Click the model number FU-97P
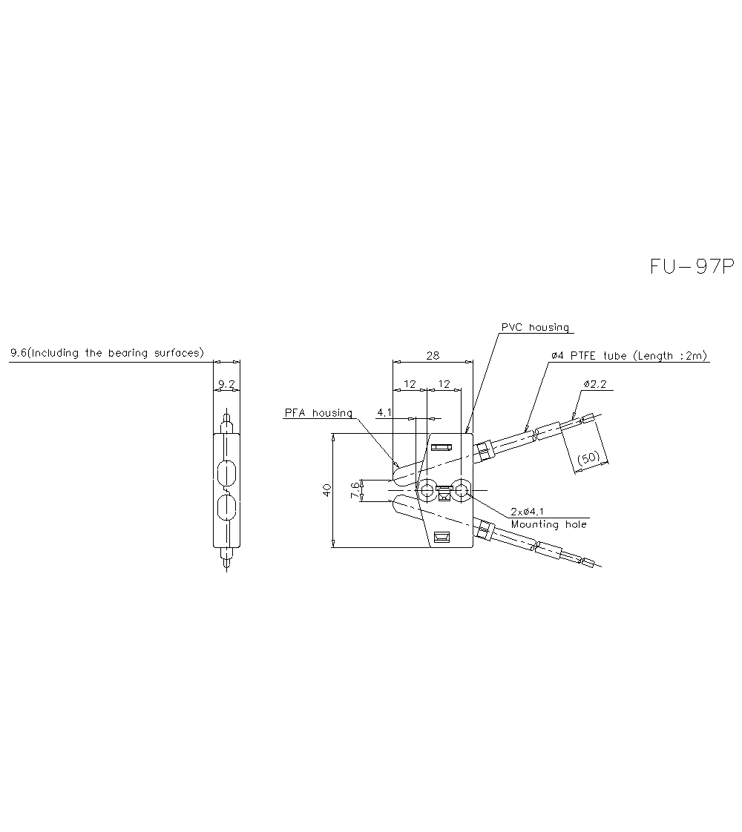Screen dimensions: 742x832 (692, 267)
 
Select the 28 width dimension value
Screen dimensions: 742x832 (433, 355)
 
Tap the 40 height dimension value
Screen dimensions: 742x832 (327, 489)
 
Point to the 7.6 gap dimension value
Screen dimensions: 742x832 (355, 489)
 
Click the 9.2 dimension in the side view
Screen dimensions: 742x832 (226, 384)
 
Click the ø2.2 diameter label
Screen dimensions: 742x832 (594, 383)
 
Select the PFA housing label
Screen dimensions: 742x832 (318, 413)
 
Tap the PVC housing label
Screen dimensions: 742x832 (535, 328)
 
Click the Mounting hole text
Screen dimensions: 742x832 (549, 524)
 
